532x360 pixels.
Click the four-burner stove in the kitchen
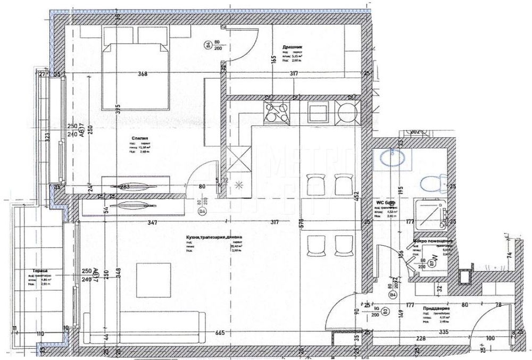click(277, 113)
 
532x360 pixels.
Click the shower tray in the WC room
click(430, 214)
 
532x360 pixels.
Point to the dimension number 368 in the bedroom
click(142, 74)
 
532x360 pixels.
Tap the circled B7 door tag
click(431, 262)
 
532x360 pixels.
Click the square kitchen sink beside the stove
click(318, 113)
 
